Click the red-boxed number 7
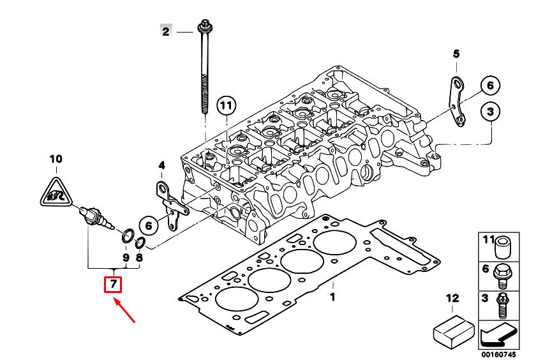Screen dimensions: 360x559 [113, 283]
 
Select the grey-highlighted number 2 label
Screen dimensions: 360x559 [166, 31]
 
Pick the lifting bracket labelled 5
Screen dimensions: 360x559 [456, 102]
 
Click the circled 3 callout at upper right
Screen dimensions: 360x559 [490, 112]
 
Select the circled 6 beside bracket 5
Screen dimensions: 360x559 [490, 85]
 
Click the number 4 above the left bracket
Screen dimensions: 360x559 [161, 167]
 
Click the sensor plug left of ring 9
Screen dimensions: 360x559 [97, 220]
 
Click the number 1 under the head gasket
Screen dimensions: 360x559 [332, 297]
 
